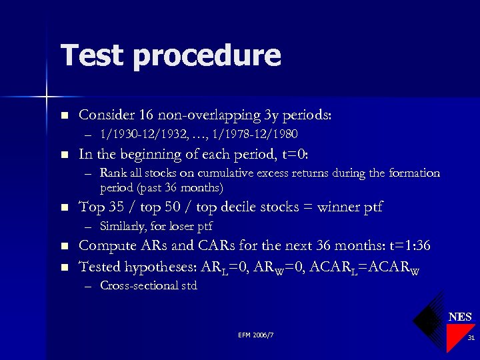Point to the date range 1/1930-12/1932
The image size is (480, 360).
(x=141, y=135)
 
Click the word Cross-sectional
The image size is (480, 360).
(x=139, y=286)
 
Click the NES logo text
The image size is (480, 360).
(x=460, y=317)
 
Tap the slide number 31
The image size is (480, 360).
(x=471, y=339)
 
